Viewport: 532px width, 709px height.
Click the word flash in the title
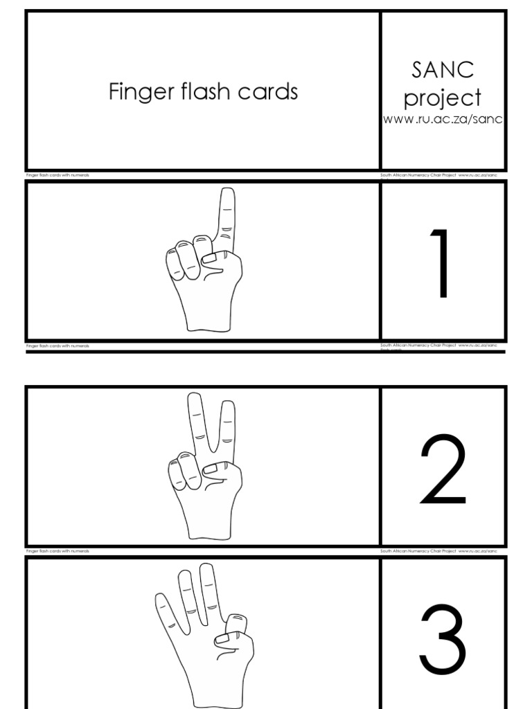205,91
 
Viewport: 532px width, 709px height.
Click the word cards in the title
267,91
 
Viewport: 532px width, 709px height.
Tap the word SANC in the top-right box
443,70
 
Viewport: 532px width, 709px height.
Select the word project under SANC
443,98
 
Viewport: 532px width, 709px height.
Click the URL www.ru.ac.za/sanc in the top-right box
443,120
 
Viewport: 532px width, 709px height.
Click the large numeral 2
443,470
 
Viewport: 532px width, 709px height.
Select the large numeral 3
443,641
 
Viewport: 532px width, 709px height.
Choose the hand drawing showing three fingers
203,634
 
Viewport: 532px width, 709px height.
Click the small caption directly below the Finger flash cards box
58,175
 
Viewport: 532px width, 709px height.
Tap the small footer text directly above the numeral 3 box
438,551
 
